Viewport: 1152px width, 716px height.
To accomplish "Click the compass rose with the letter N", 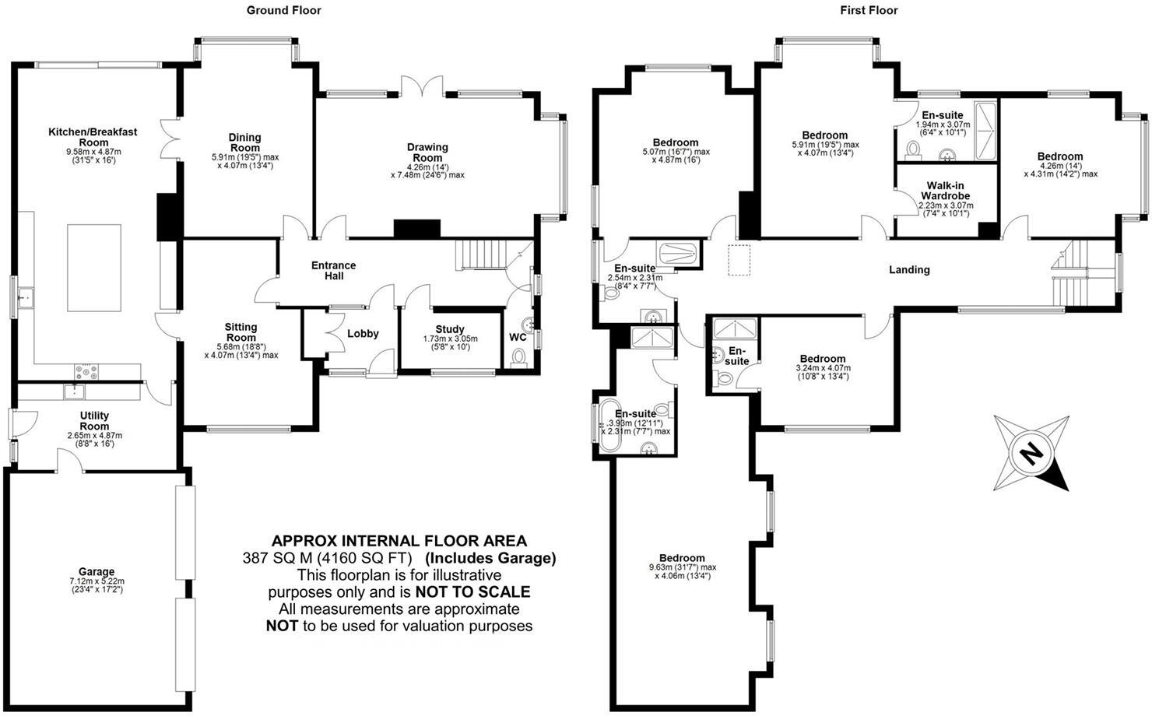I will coord(1031,453).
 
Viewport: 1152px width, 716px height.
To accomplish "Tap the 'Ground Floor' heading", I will coord(283,10).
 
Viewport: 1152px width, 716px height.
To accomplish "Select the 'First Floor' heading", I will coord(869,10).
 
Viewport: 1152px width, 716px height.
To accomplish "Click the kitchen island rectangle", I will coord(95,257).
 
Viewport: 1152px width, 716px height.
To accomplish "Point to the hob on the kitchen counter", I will coord(85,371).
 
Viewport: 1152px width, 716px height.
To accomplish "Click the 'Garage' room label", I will coord(97,571).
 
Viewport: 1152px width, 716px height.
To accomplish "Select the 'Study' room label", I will coord(450,329).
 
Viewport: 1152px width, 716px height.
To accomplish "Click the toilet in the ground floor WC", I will coord(519,357).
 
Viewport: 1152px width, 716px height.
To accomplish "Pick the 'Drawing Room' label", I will coord(427,152).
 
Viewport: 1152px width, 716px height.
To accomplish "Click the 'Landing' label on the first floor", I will coord(909,270).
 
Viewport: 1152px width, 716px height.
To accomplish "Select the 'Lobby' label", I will coord(363,333).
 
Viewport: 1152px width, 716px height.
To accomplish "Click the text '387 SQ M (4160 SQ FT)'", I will coord(330,558).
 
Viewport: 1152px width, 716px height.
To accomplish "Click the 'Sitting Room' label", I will coord(241,332).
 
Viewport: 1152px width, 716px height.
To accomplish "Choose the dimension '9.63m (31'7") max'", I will coord(682,567).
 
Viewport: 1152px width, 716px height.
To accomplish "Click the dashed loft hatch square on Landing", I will coord(738,260).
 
